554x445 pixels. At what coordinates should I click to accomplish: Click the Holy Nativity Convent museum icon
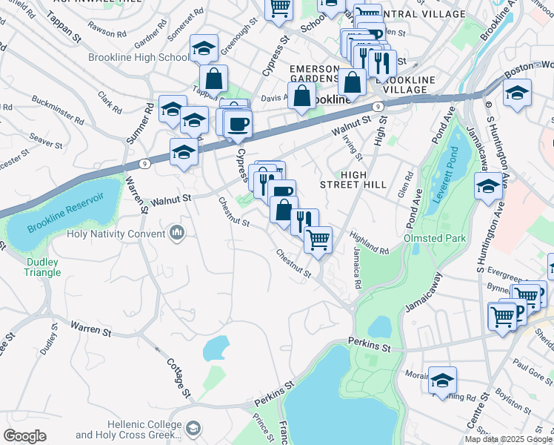point(176,234)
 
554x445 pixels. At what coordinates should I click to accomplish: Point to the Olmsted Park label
point(434,239)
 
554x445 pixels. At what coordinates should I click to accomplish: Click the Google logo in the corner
point(24,436)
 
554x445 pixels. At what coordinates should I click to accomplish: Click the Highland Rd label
point(370,244)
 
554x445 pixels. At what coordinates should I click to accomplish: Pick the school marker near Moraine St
point(442,380)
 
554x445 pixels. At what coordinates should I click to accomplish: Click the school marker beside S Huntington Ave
point(488,186)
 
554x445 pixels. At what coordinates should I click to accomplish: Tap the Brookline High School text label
point(138,57)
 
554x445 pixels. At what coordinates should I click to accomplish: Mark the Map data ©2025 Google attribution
point(508,439)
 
